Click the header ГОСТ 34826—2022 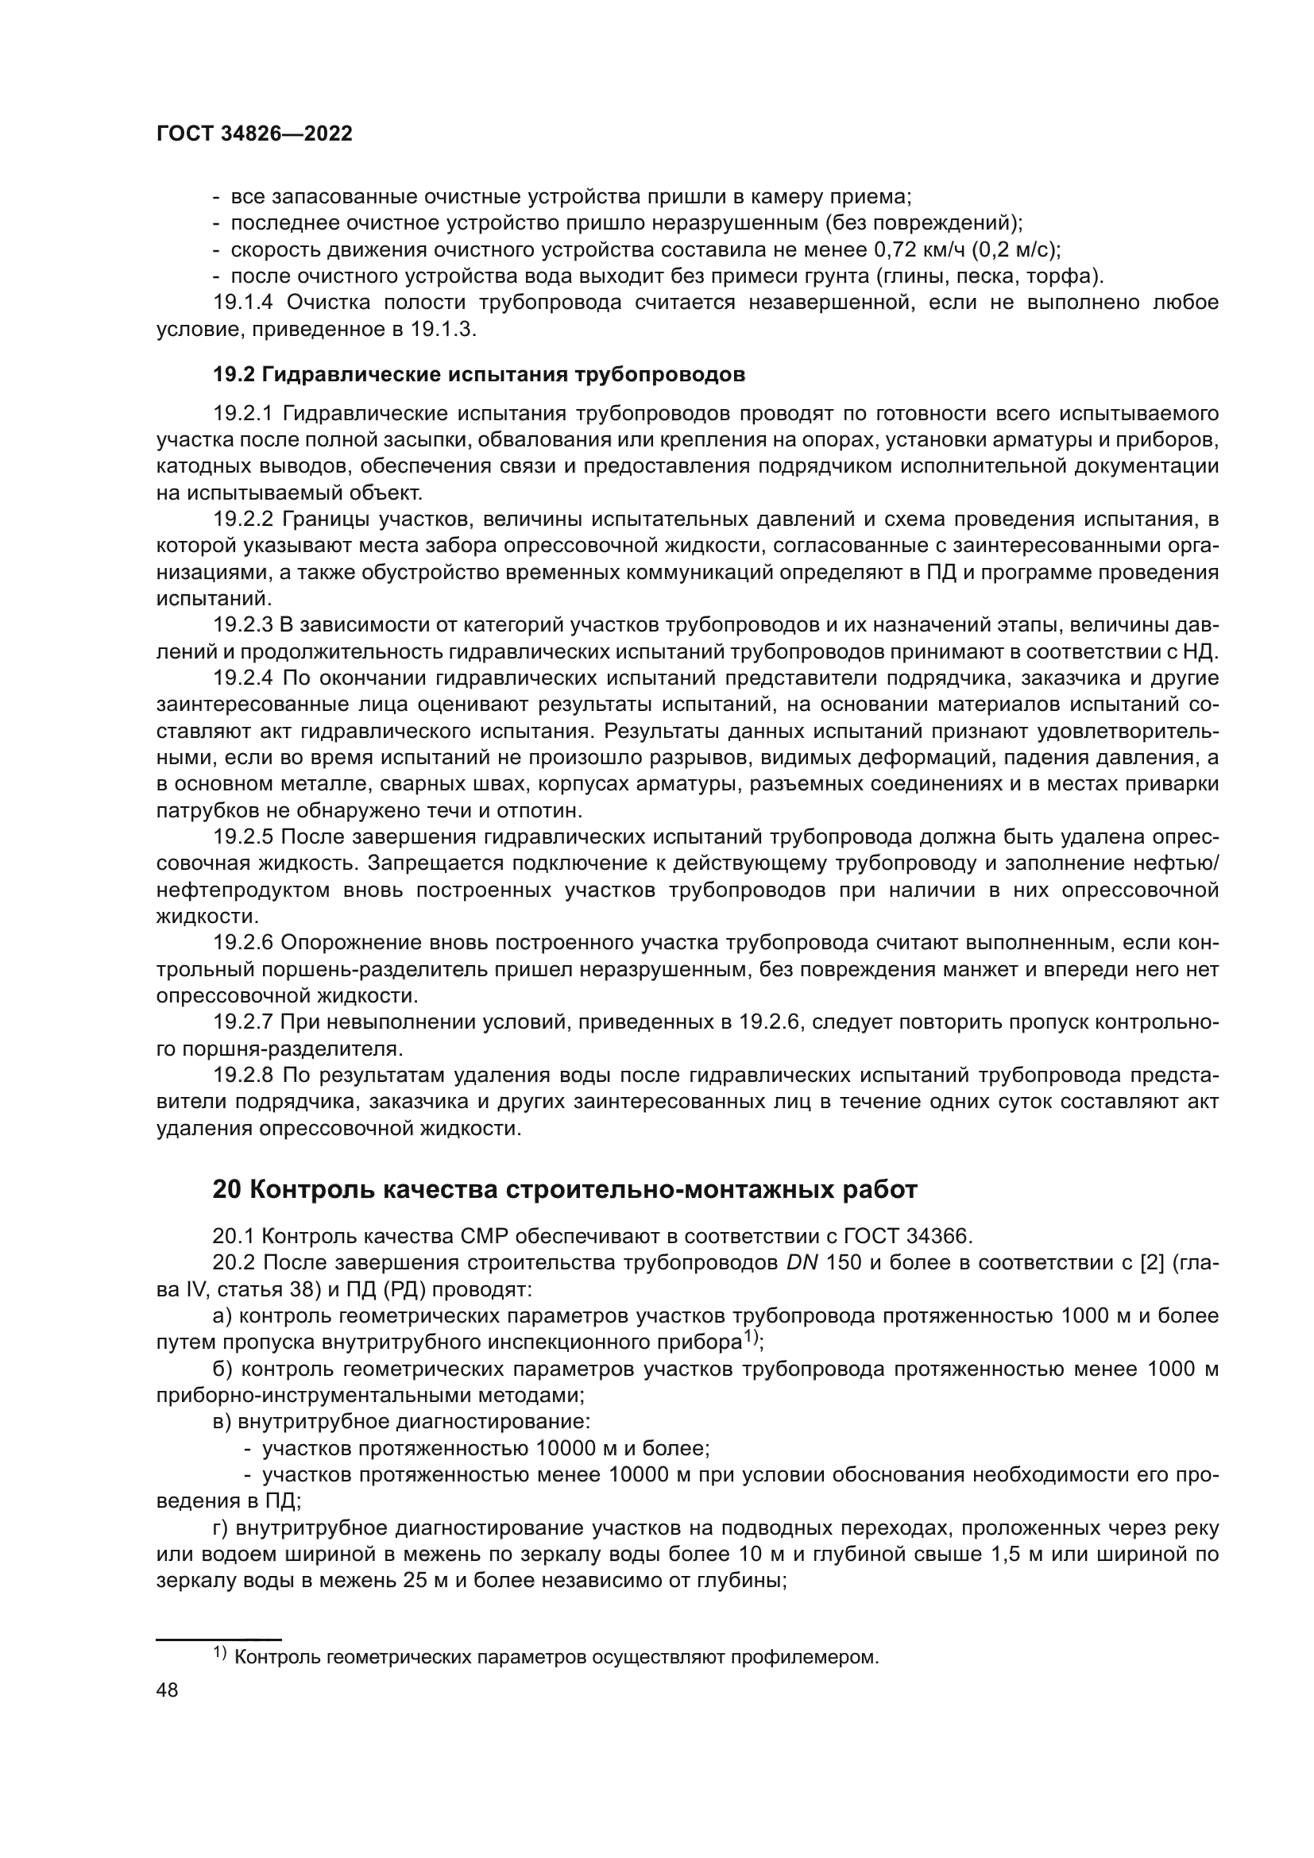coord(254,134)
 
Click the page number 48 coord(168,1690)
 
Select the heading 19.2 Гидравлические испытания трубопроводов coord(478,375)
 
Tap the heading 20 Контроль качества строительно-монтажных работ coord(565,1190)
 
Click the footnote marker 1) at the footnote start coord(220,1653)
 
